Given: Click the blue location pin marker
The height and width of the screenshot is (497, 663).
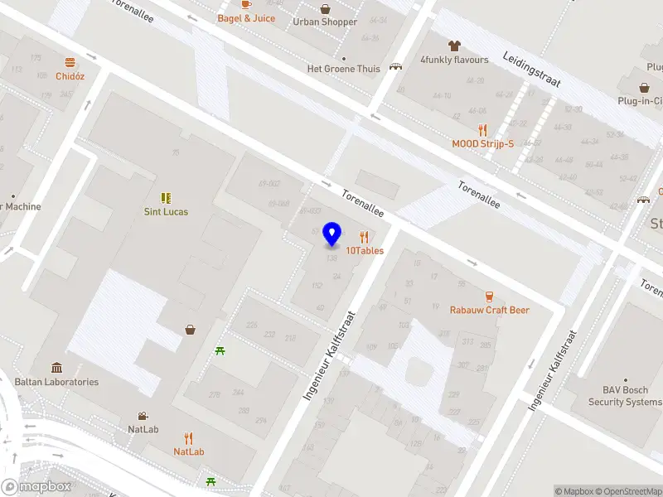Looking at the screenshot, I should pyautogui.click(x=332, y=234).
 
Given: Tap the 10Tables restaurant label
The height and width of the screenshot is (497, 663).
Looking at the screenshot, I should pyautogui.click(x=365, y=249).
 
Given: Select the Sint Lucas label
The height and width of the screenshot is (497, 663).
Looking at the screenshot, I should pyautogui.click(x=166, y=211).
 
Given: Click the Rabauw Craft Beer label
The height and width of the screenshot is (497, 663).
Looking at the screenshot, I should pyautogui.click(x=489, y=310).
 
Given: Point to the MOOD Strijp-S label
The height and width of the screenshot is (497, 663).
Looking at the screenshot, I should pyautogui.click(x=482, y=143).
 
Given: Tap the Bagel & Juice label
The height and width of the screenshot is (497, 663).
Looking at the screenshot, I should pyautogui.click(x=246, y=18).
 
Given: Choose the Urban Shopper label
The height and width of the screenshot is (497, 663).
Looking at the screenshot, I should pyautogui.click(x=325, y=22).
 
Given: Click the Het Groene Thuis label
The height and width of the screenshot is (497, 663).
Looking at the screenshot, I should pyautogui.click(x=343, y=69).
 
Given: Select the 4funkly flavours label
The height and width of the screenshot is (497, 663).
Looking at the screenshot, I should pyautogui.click(x=454, y=60).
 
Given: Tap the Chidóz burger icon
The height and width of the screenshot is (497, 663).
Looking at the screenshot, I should pyautogui.click(x=70, y=62).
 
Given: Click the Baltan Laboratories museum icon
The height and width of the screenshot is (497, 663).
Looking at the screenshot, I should pyautogui.click(x=56, y=368).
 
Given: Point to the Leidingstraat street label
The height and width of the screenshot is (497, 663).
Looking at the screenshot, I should pyautogui.click(x=531, y=70).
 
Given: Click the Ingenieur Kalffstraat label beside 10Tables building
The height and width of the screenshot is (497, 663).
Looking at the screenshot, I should pyautogui.click(x=328, y=356).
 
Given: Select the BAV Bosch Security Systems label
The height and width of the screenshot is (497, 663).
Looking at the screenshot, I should pyautogui.click(x=625, y=396).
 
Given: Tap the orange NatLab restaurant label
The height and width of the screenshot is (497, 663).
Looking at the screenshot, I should pyautogui.click(x=189, y=451).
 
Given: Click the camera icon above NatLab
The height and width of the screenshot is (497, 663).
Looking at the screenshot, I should pyautogui.click(x=143, y=416).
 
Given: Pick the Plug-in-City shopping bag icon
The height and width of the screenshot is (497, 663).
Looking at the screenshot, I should pyautogui.click(x=644, y=87).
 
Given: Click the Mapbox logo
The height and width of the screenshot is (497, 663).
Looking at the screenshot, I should pyautogui.click(x=37, y=487).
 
